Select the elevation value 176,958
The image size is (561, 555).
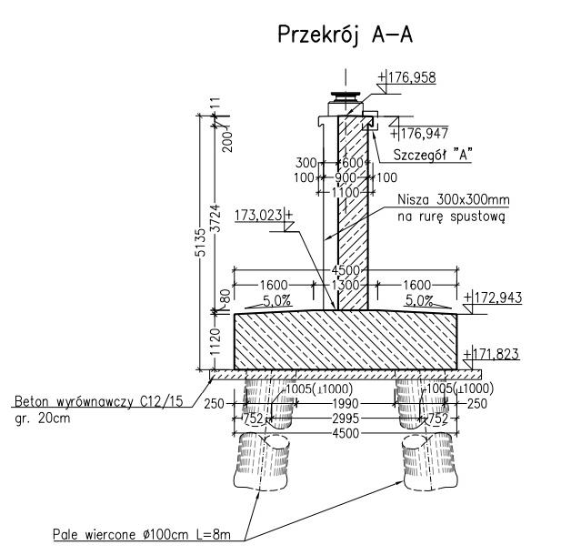point(412,77)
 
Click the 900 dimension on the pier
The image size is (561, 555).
point(346,177)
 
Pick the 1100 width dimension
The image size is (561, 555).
point(346,192)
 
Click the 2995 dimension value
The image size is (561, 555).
point(346,419)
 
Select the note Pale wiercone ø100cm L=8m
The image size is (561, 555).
point(144,533)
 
